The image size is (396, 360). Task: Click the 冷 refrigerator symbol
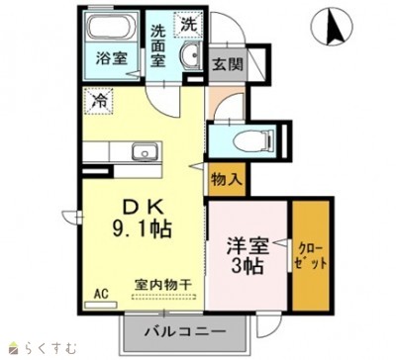tap(99, 99)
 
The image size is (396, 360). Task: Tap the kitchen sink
tap(146, 153)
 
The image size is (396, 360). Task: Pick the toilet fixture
tap(252, 139)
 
